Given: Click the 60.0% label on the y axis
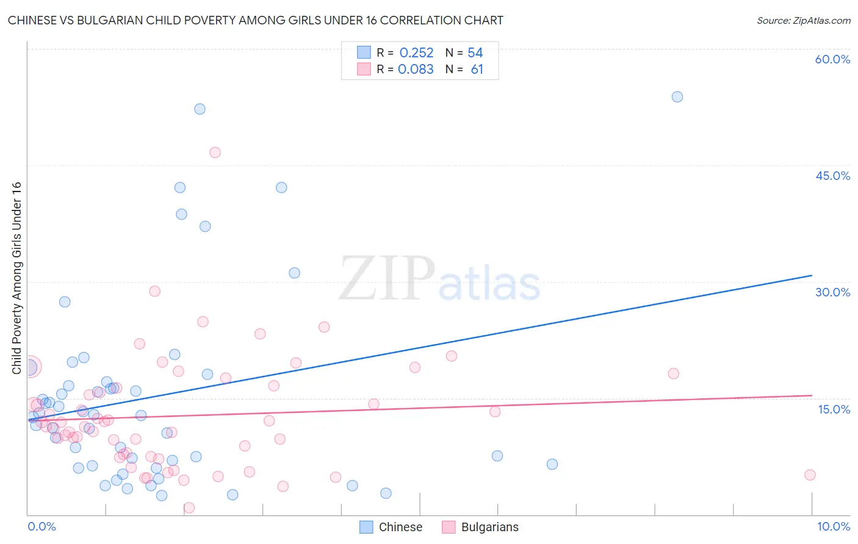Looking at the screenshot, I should pos(832,59).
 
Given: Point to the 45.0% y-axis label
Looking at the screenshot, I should pos(832,176).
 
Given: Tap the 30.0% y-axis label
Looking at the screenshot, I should pos(832,292).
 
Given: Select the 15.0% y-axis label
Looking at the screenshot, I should pos(834,409).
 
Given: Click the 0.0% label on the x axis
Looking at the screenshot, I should pos(41,526).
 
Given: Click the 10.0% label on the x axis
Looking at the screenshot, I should pos(833,526).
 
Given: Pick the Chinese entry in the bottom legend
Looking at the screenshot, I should pos(400,527).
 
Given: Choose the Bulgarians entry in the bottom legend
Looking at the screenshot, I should pos(489,527).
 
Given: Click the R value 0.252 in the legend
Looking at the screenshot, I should pos(416,53).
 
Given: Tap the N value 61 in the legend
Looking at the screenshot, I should pos(477,70).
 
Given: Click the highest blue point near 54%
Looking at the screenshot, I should pos(677,97).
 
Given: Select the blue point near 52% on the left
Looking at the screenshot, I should pos(200,109).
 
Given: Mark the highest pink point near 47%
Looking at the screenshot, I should pos(215,152).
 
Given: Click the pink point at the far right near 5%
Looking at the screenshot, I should pos(810,475).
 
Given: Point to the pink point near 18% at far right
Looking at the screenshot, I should pos(673,373).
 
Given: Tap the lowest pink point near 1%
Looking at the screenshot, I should pos(189,507).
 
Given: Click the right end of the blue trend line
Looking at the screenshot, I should pos(812,276).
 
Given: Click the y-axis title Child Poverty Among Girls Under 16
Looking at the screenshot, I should pos(16,278).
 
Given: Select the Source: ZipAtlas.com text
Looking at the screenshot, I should pos(803,20).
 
